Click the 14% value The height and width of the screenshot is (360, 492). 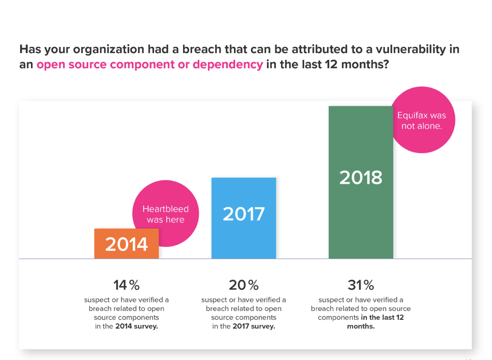click(126, 285)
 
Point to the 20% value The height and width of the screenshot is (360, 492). click(244, 285)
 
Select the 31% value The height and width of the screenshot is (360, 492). click(361, 285)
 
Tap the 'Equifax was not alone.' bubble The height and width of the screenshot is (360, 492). click(422, 120)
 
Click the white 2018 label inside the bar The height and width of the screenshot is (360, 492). click(361, 178)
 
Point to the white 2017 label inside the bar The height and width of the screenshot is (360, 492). click(244, 214)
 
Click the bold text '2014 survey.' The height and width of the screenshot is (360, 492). click(136, 327)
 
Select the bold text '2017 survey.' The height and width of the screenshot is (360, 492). click(253, 327)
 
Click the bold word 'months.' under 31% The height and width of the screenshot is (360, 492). click(361, 327)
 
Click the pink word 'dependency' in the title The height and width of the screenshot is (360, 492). click(227, 65)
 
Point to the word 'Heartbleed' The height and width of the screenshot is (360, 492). click(165, 209)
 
